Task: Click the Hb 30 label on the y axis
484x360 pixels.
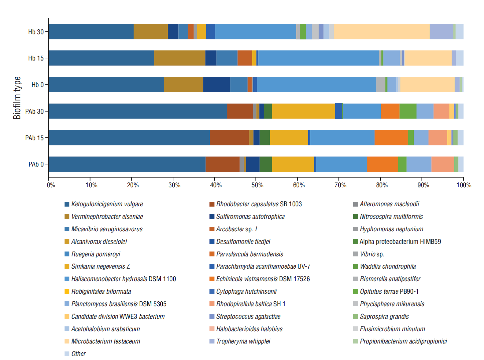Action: pyautogui.click(x=36, y=32)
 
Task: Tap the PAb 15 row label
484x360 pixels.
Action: pyautogui.click(x=34, y=138)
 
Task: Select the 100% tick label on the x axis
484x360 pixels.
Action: pyautogui.click(x=464, y=185)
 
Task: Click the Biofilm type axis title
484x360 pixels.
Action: pyautogui.click(x=17, y=98)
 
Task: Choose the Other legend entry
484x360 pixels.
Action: pyautogui.click(x=78, y=354)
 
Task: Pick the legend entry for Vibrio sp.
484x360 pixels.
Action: pyautogui.click(x=371, y=254)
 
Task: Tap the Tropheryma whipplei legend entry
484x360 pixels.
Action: pyautogui.click(x=243, y=341)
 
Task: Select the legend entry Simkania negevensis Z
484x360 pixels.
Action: pyautogui.click(x=100, y=266)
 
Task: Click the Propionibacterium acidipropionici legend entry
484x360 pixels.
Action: pyautogui.click(x=403, y=341)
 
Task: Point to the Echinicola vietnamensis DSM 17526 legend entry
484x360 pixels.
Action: pyautogui.click(x=263, y=279)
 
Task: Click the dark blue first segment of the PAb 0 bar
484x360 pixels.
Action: pyautogui.click(x=127, y=164)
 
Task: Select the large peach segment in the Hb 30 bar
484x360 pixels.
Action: pyautogui.click(x=382, y=31)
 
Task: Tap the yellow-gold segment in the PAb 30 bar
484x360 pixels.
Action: pyautogui.click(x=303, y=111)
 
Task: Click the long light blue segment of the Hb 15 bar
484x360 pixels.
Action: pyautogui.click(x=319, y=58)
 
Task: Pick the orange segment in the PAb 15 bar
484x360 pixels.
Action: pyautogui.click(x=391, y=138)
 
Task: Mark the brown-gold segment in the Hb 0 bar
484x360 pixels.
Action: pyautogui.click(x=183, y=85)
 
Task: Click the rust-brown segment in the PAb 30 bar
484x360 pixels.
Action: pyautogui.click(x=240, y=111)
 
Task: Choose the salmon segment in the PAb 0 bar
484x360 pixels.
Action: pyautogui.click(x=442, y=164)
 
